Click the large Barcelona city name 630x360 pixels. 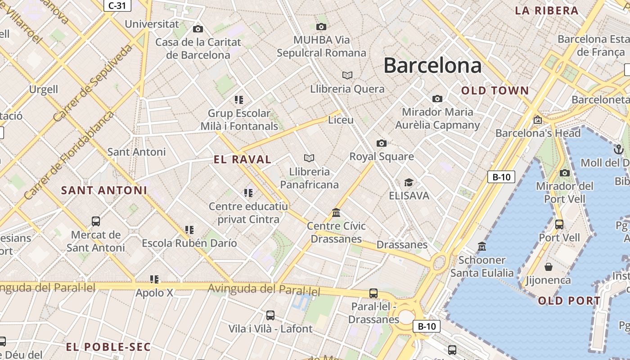pyautogui.click(x=432, y=66)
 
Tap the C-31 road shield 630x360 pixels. pyautogui.click(x=117, y=5)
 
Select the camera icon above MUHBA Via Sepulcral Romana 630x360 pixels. pyautogui.click(x=321, y=27)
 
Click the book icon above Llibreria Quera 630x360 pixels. pyautogui.click(x=347, y=75)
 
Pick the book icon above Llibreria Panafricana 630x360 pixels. pyautogui.click(x=309, y=158)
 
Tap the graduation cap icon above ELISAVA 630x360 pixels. pyautogui.click(x=409, y=182)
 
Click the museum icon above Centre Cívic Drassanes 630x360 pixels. pyautogui.click(x=336, y=212)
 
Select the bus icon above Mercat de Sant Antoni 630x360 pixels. pyautogui.click(x=95, y=221)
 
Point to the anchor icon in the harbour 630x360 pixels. pyautogui.click(x=618, y=149)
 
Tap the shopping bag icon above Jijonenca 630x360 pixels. pyautogui.click(x=548, y=267)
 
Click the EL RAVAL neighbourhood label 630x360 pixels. pyautogui.click(x=243, y=159)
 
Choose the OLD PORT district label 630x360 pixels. pyautogui.click(x=569, y=301)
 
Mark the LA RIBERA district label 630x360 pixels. pyautogui.click(x=546, y=11)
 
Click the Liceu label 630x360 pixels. pyautogui.click(x=341, y=120)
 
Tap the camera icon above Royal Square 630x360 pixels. pyautogui.click(x=381, y=143)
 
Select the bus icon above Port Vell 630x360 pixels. pyautogui.click(x=559, y=224)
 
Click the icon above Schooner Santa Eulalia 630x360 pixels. pyautogui.click(x=481, y=246)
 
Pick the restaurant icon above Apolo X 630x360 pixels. pyautogui.click(x=154, y=279)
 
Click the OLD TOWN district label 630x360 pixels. pyautogui.click(x=495, y=90)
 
